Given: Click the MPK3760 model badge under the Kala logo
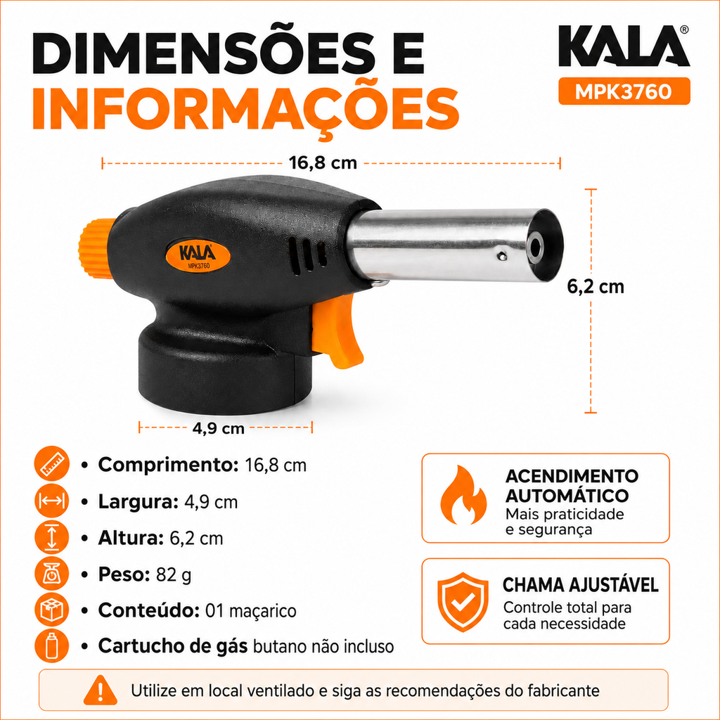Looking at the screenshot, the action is click(x=624, y=91).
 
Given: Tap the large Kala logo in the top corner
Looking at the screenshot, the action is click(x=624, y=46).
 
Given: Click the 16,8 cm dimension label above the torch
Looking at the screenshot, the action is click(x=323, y=162).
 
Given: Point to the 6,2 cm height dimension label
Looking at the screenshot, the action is click(x=596, y=287).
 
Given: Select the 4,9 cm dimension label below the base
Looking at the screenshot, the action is click(x=218, y=428).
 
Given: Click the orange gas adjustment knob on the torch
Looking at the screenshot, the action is click(x=96, y=248).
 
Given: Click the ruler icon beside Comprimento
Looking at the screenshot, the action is click(x=52, y=464).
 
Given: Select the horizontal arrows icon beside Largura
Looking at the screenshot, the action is click(x=52, y=501).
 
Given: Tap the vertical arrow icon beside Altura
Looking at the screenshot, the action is click(x=52, y=537).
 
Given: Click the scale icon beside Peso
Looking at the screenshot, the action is click(x=52, y=574).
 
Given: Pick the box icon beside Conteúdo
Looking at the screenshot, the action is click(x=52, y=610).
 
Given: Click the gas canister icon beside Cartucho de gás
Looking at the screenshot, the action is click(x=52, y=645).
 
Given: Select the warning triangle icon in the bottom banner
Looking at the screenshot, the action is click(x=101, y=690).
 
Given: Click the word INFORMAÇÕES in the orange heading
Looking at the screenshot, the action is click(x=245, y=110).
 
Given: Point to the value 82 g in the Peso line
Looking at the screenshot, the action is click(x=174, y=574).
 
